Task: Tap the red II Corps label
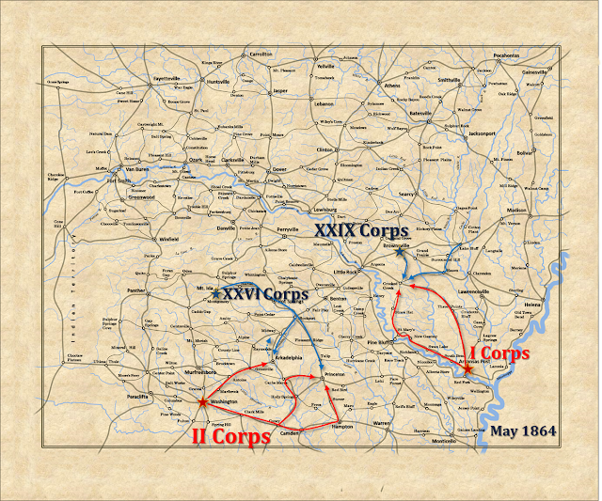[x=231, y=435]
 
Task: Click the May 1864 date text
[x=523, y=431]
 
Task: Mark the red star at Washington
[x=203, y=401]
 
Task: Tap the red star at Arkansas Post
[x=467, y=369]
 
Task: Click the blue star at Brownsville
[x=399, y=253]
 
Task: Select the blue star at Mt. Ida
[x=216, y=295]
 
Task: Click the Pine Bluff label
[x=378, y=343]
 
